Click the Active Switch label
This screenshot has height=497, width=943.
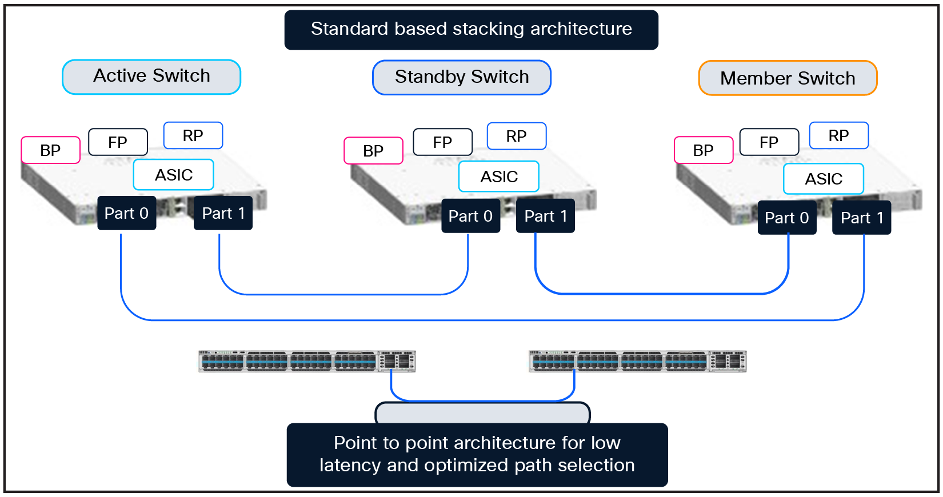151,77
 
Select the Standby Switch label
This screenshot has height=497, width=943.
462,77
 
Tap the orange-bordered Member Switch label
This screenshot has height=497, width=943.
788,78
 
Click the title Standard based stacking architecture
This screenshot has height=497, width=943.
471,29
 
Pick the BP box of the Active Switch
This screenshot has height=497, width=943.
50,150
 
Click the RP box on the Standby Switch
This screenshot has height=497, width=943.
516,136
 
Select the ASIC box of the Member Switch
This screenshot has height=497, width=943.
823,179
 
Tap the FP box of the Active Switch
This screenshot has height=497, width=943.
118,142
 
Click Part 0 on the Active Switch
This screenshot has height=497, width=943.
126,213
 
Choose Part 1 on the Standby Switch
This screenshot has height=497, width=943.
545,216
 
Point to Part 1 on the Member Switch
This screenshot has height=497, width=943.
861,218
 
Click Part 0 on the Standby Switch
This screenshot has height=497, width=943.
470,216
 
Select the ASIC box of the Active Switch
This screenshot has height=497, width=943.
174,175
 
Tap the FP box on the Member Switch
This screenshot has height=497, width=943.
769,142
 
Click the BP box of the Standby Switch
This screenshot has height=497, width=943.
373,151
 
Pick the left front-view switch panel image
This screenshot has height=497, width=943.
307,361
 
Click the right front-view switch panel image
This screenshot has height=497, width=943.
637,361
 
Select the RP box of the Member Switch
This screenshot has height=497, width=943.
838,136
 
